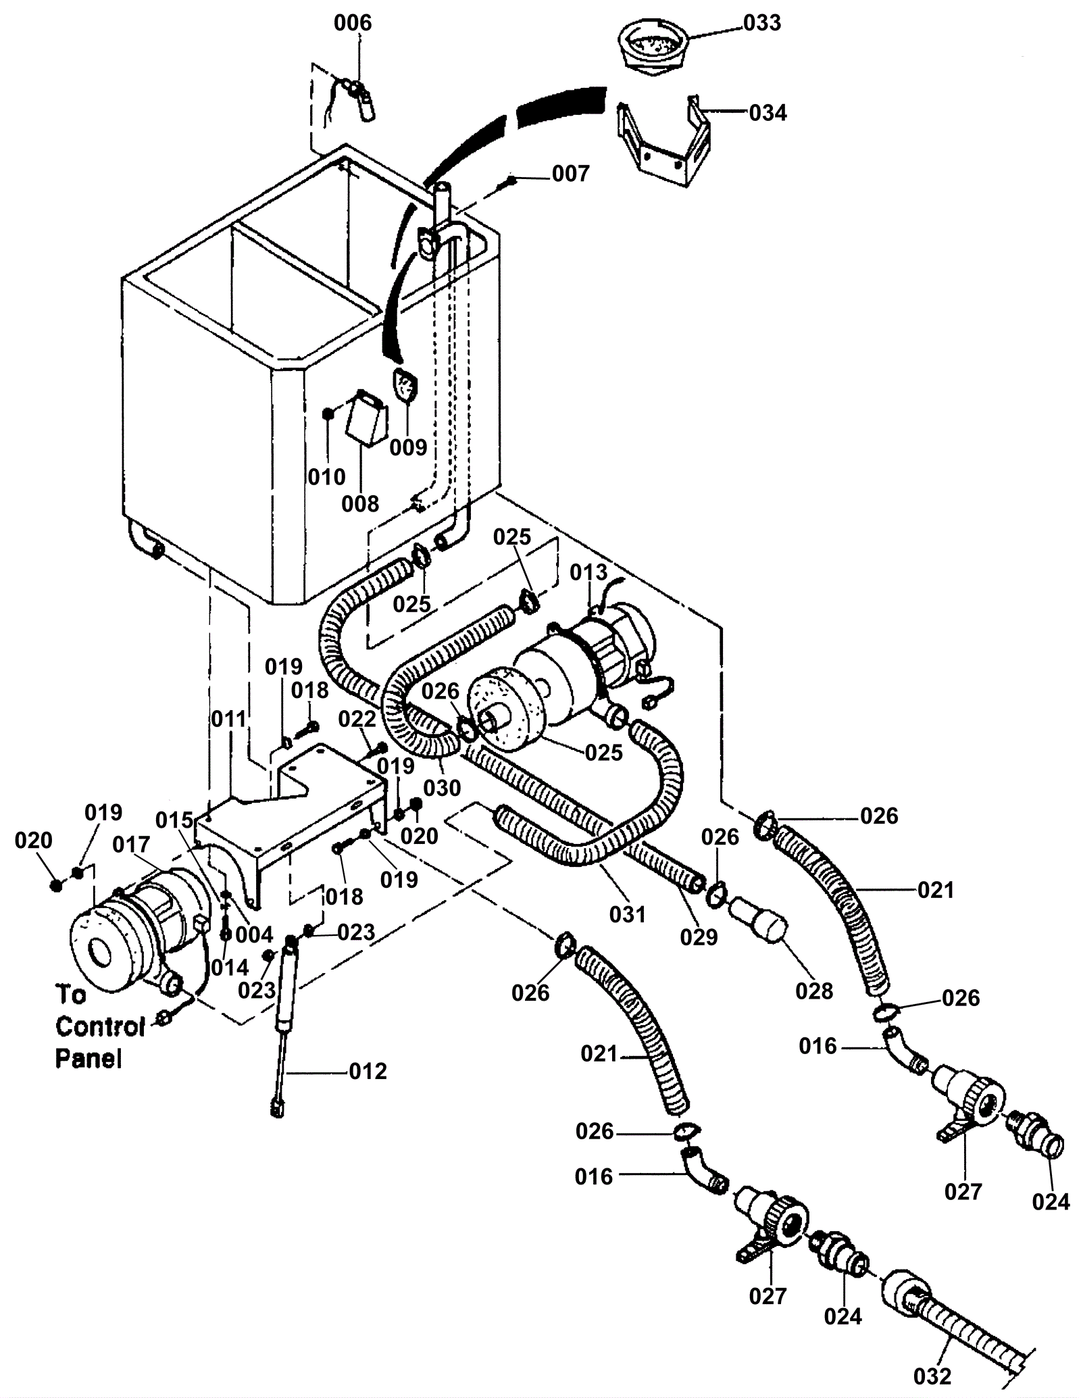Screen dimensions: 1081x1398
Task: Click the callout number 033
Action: coord(762,23)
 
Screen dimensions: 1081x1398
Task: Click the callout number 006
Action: coord(353,23)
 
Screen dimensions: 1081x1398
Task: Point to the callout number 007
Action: coord(571,174)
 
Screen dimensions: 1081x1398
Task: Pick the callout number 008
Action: coord(360,503)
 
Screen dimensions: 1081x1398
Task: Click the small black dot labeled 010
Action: coord(328,414)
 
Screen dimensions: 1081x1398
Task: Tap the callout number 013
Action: coord(589,572)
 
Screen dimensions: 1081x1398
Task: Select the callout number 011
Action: coord(229,719)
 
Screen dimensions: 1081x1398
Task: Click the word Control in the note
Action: coord(101,1027)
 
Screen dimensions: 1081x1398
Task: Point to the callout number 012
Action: coord(368,1072)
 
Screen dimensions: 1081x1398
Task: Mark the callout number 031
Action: coord(628,915)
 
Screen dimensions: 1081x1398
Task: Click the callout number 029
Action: coord(699,937)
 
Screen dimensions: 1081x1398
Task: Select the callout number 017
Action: coord(131,845)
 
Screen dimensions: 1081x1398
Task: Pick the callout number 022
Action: coord(357,720)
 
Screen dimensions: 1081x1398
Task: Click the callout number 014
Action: coord(230,968)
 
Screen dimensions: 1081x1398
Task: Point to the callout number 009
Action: coord(408,447)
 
